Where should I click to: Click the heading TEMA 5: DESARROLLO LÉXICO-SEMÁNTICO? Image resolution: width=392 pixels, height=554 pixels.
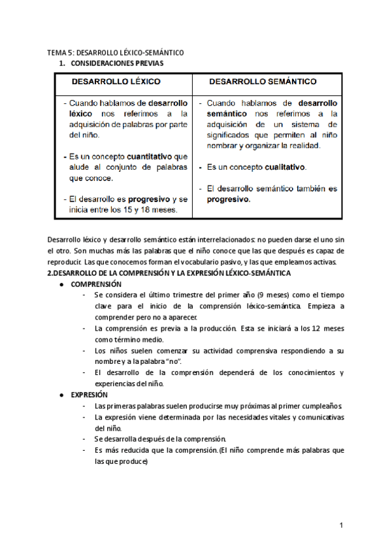(116, 52)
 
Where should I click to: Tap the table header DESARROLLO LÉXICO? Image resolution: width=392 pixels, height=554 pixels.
(116, 82)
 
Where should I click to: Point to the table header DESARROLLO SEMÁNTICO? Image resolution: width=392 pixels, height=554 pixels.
(263, 82)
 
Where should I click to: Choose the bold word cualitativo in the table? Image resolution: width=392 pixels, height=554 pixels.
(285, 167)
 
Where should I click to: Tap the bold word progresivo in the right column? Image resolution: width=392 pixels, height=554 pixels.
(229, 199)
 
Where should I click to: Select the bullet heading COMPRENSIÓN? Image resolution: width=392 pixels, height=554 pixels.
(96, 285)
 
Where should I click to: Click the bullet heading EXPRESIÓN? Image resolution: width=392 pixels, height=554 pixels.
(90, 395)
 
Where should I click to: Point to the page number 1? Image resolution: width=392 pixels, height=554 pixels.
(341, 526)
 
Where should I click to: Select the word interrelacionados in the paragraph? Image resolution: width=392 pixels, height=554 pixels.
(208, 240)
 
